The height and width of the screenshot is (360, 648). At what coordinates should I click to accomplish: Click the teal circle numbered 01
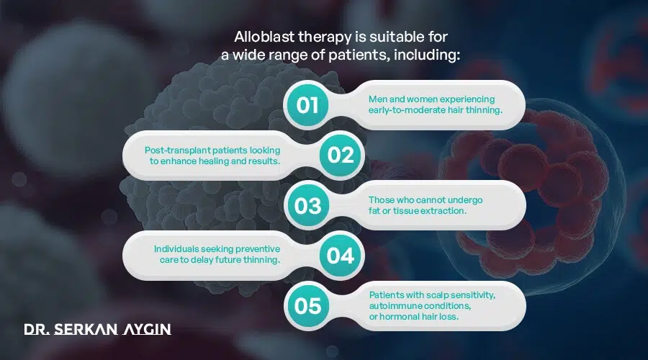[307, 105]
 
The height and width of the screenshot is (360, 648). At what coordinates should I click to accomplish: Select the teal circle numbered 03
[307, 206]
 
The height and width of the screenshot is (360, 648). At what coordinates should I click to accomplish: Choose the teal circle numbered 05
[307, 306]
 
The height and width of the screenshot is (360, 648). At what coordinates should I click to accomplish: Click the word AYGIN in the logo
[147, 330]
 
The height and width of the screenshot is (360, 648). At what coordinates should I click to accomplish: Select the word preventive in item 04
[255, 249]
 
